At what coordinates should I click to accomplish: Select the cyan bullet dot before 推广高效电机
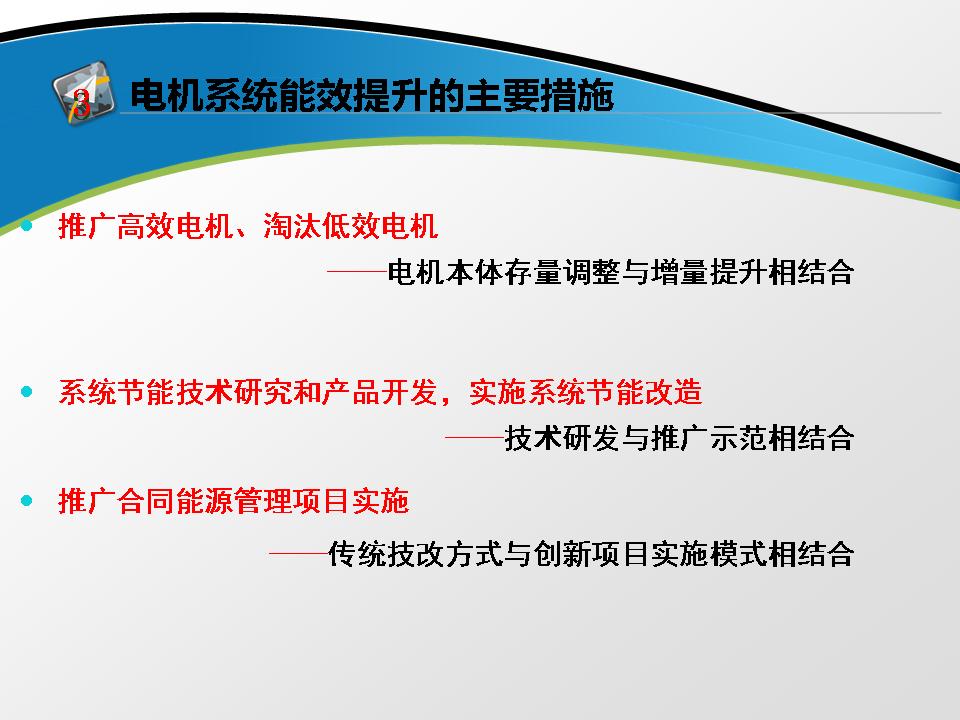(26, 226)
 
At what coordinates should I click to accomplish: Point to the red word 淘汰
(292, 226)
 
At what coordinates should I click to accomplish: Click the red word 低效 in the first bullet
(351, 226)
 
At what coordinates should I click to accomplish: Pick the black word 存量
(533, 272)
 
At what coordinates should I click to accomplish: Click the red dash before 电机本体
(358, 271)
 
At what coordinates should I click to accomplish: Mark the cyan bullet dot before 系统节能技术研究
(26, 392)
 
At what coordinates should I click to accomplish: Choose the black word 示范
(738, 438)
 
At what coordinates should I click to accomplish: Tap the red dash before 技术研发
(474, 437)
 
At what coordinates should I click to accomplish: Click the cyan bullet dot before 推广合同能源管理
(26, 501)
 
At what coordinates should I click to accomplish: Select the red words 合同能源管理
(204, 501)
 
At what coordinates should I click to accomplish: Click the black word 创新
(562, 554)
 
